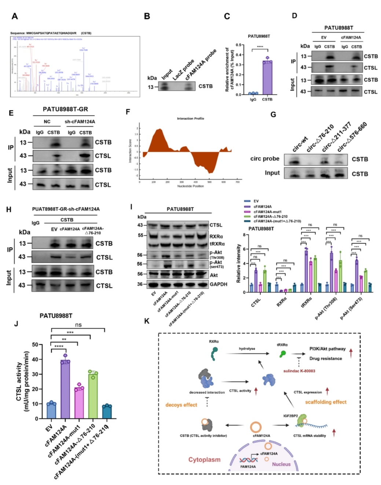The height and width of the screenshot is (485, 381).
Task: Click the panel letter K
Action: [147, 321]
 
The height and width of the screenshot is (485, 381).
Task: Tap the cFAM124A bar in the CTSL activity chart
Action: [65, 390]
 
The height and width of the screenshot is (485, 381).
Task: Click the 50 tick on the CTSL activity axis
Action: [35, 344]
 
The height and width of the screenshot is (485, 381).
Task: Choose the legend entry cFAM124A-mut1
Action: [267, 212]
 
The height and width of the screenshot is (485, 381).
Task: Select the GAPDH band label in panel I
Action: [218, 284]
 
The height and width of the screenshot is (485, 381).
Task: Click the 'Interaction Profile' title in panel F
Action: [190, 118]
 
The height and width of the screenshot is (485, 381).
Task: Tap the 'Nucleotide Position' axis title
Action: [190, 186]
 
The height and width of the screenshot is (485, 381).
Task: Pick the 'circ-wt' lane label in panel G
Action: [300, 145]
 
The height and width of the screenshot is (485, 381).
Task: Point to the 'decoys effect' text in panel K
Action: [181, 405]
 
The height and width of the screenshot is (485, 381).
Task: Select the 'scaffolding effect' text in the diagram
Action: [326, 402]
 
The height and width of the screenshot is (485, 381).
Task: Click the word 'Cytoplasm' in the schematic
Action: [204, 460]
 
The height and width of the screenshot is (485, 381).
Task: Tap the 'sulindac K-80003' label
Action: [299, 371]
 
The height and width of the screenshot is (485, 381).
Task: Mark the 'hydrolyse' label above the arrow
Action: [247, 349]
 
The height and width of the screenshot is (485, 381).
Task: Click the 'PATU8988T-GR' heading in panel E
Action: [65, 109]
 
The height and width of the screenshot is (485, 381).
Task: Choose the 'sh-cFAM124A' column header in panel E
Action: [80, 122]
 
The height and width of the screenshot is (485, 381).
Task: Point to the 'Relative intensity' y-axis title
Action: [238, 263]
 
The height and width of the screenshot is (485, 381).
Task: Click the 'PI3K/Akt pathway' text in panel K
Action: [327, 349]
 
